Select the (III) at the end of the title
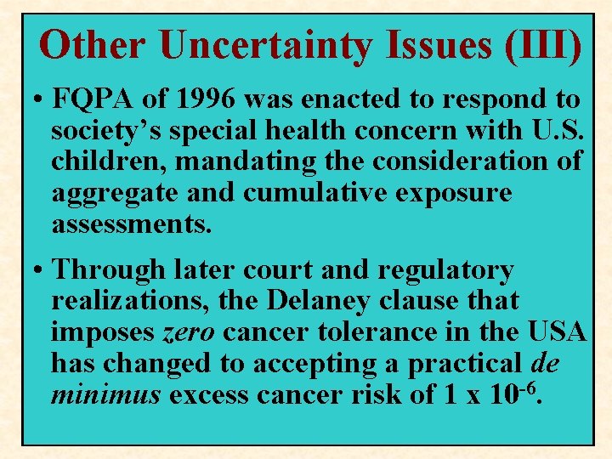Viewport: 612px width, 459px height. [541, 45]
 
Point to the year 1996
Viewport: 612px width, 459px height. [205, 99]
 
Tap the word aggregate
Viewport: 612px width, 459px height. [113, 194]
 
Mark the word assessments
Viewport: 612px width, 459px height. [131, 224]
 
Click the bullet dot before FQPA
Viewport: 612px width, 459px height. [39, 100]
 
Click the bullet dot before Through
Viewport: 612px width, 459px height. [39, 271]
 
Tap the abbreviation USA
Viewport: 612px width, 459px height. [557, 332]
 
